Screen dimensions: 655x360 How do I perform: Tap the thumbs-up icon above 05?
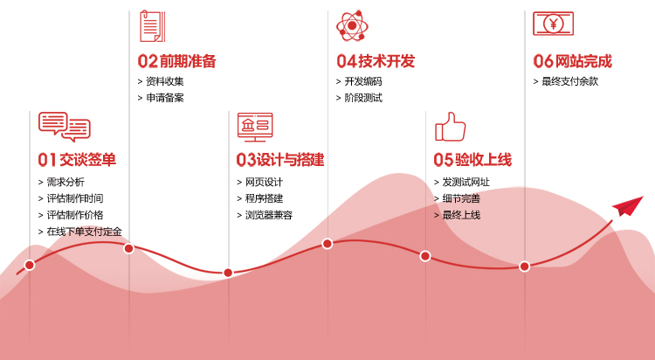(451, 127)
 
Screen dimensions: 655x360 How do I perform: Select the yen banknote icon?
(553, 24)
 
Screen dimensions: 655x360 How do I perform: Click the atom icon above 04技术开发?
(352, 25)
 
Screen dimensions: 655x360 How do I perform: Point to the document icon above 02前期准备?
(153, 26)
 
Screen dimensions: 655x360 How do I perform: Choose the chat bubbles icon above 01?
(65, 127)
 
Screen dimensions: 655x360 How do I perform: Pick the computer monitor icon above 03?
(255, 127)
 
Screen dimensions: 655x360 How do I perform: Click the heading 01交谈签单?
(77, 160)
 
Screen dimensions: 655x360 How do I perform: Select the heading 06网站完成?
(572, 61)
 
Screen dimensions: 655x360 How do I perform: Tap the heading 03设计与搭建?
(280, 160)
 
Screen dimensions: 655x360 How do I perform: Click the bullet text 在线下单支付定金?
(85, 232)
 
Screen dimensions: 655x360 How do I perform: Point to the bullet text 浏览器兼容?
(269, 215)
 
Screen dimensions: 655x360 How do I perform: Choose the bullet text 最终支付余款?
(570, 81)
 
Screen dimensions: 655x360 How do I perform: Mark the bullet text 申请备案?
(165, 98)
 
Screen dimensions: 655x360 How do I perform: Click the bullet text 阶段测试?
(363, 98)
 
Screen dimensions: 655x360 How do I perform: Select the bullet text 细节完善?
(462, 198)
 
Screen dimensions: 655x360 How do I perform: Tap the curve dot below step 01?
(30, 265)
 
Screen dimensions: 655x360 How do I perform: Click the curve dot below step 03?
(228, 273)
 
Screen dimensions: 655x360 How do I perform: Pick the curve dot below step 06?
(525, 267)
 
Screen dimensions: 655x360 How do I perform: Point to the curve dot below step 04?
(327, 243)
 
